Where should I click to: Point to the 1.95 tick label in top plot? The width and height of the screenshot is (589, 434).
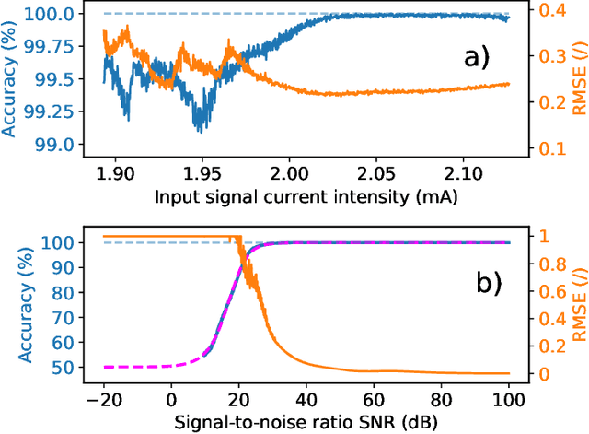point(201,173)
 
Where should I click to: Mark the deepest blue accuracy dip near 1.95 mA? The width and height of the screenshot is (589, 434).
point(197,130)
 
